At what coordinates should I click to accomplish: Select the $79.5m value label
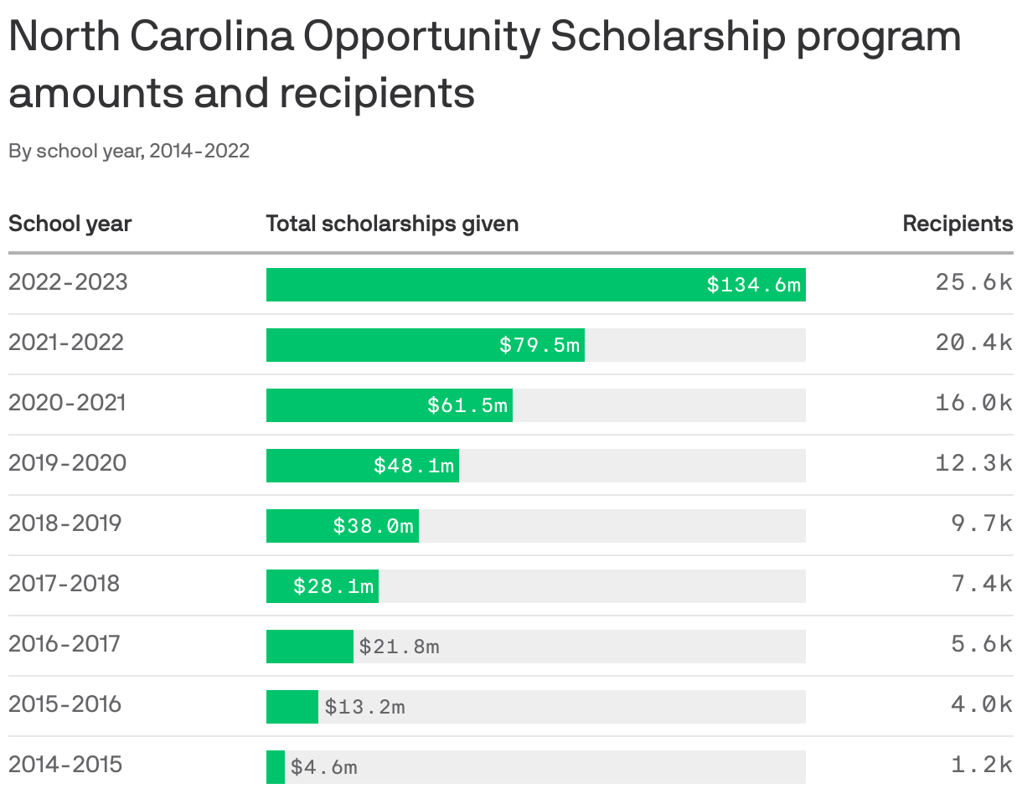[x=539, y=345]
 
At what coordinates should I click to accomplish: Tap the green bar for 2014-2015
[x=276, y=767]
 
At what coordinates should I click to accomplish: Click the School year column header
[x=70, y=224]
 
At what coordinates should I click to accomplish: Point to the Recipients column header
[x=957, y=224]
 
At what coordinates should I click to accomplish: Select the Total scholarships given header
[x=392, y=224]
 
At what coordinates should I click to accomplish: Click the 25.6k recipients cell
[x=973, y=282]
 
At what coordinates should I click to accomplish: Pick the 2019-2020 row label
[x=67, y=463]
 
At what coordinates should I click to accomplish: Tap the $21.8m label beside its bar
[x=399, y=647]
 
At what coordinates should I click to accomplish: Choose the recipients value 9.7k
[x=982, y=523]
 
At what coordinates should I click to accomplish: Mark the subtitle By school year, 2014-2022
[x=129, y=152]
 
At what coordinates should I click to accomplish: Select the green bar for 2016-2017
[x=309, y=647]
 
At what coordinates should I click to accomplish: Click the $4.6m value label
[x=323, y=767]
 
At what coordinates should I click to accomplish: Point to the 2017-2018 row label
[x=65, y=584]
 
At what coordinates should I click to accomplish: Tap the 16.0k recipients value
[x=973, y=403]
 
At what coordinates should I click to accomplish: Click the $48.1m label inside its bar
[x=414, y=466]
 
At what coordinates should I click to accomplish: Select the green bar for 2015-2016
[x=292, y=707]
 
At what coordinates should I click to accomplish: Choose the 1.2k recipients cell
[x=982, y=765]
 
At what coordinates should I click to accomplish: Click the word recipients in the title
[x=377, y=94]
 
